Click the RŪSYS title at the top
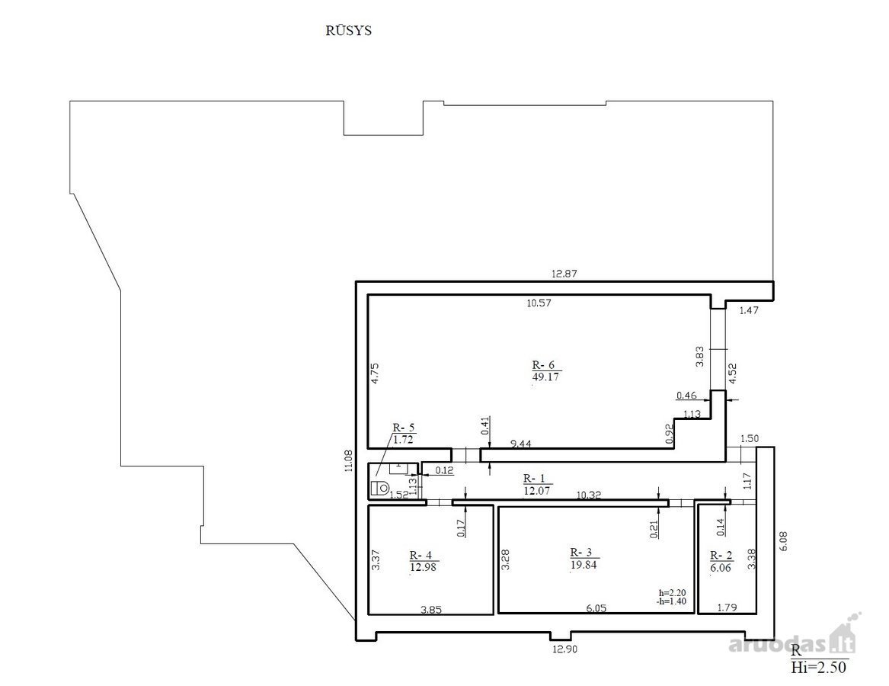click(x=348, y=30)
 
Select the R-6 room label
click(x=543, y=365)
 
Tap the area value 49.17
click(x=545, y=377)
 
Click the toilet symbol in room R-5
click(x=379, y=487)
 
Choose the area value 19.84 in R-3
click(x=584, y=565)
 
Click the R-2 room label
click(x=721, y=556)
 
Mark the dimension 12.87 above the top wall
click(x=564, y=274)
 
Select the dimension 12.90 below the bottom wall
click(x=564, y=649)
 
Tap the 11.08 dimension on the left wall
click(x=349, y=460)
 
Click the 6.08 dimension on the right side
click(x=784, y=540)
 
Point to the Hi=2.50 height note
click(x=818, y=667)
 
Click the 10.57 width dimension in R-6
click(x=539, y=303)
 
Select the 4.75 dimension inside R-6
click(x=375, y=374)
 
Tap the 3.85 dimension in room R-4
click(x=431, y=611)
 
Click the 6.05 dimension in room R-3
click(x=596, y=608)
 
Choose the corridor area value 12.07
click(x=536, y=490)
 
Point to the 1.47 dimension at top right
click(x=749, y=310)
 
